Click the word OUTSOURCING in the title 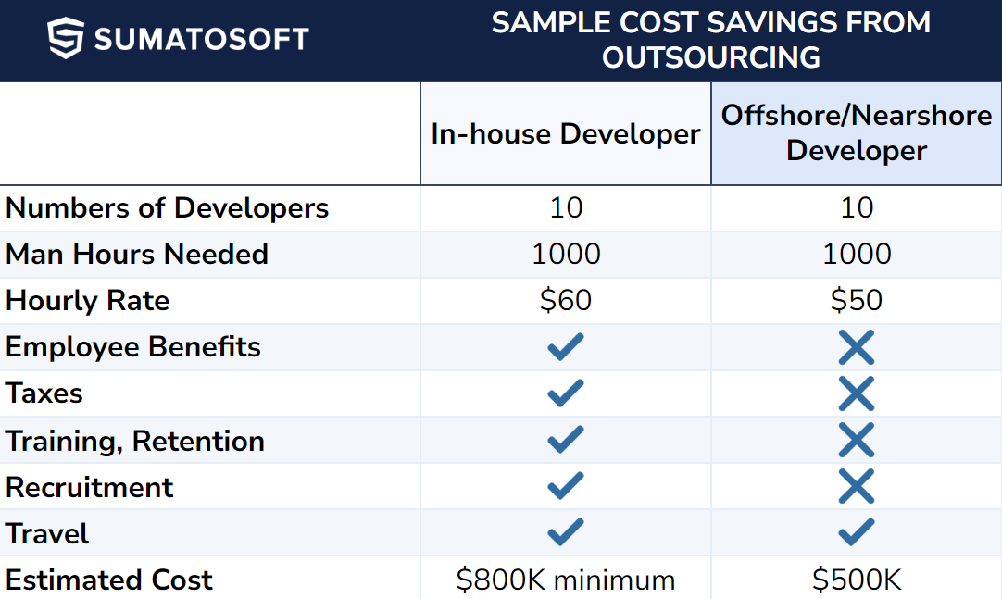point(711,57)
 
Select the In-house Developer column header point(566,134)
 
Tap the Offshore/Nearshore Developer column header point(857,133)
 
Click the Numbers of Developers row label point(168,208)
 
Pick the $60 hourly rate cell point(566,301)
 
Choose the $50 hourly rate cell point(857,301)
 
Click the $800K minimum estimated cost point(566,580)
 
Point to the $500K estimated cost point(857,580)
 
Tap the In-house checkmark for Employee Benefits point(566,347)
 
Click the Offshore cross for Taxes point(857,394)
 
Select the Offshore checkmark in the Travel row point(857,532)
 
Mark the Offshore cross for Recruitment point(857,487)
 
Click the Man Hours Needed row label point(137,255)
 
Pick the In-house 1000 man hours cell point(566,255)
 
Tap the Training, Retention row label point(135,442)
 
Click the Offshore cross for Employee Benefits point(857,348)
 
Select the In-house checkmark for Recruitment point(566,486)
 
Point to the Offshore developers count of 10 point(857,208)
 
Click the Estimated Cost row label point(109,580)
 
